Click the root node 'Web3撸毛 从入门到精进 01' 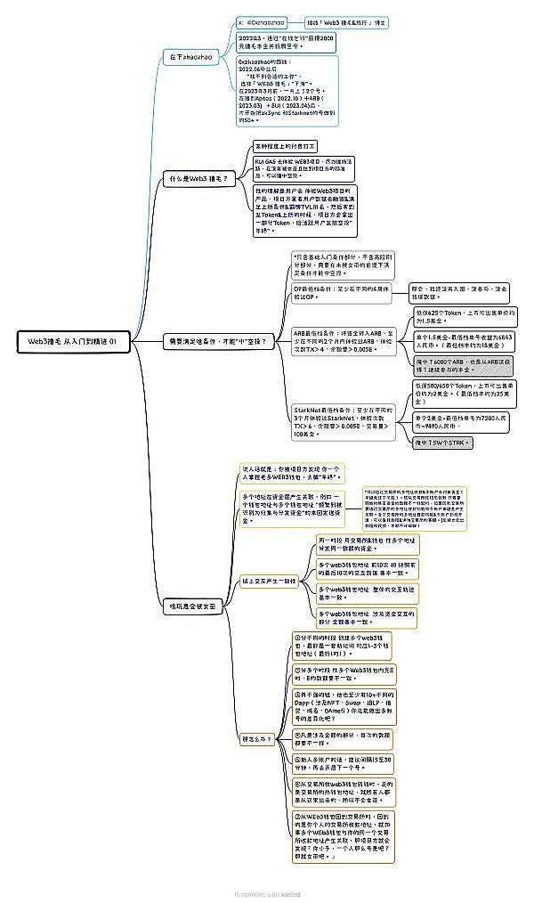[x=78, y=341]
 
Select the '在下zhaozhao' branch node [x=190, y=57]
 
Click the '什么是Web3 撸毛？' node [x=198, y=179]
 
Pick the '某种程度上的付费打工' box [x=286, y=145]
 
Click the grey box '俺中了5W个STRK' [x=442, y=442]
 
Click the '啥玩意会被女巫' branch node [x=194, y=606]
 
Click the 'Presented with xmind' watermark [x=266, y=893]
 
